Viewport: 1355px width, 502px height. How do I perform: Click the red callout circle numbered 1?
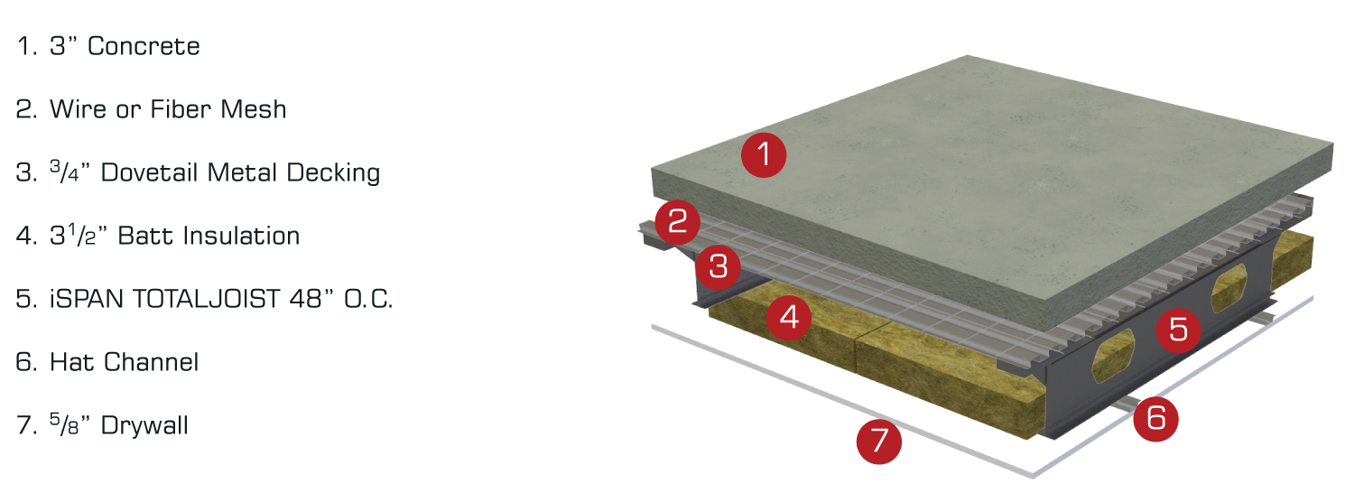pos(764,154)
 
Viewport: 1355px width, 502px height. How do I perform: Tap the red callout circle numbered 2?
pos(677,222)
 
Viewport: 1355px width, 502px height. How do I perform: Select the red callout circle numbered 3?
pos(718,266)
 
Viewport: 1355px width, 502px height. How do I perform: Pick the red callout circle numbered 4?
pos(789,318)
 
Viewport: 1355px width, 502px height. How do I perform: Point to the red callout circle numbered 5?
pos(1178,330)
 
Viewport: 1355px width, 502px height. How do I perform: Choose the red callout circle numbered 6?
pos(1155,419)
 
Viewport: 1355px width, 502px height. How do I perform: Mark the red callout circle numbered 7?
pos(879,442)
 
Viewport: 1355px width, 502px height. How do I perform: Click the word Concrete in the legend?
pos(144,47)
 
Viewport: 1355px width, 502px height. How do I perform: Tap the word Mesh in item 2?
pos(253,109)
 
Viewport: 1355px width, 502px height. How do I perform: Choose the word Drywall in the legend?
pos(144,426)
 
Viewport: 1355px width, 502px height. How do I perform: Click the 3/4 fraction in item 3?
pos(65,172)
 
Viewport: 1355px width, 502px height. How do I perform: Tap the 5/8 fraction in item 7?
pos(65,424)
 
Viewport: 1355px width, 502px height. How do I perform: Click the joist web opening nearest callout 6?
pos(1113,357)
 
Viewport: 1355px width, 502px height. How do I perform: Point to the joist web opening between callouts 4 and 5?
pos(1113,357)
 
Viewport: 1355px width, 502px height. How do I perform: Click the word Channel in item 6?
pos(151,362)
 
